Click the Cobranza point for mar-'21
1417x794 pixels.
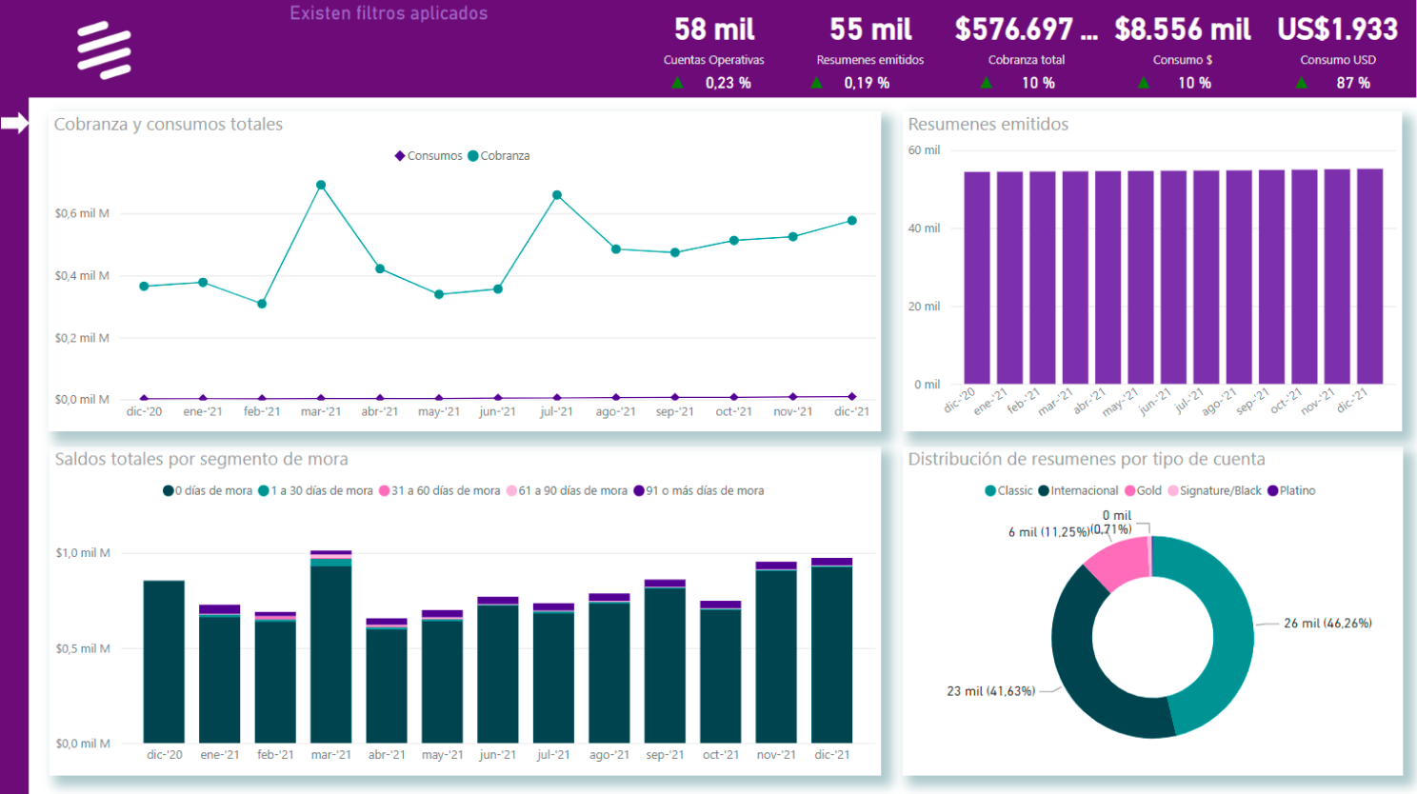click(x=321, y=186)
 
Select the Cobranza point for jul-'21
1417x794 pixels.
click(x=557, y=195)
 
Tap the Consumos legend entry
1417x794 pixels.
click(x=429, y=156)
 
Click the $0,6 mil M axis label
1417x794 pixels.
click(x=82, y=213)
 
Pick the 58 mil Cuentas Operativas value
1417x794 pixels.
click(x=714, y=30)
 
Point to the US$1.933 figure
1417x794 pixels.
click(x=1337, y=30)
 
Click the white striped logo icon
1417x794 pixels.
click(x=104, y=50)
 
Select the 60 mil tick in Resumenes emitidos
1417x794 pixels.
click(x=924, y=150)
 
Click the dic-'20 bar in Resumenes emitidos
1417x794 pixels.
click(x=977, y=277)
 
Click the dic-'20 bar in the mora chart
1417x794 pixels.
click(x=164, y=662)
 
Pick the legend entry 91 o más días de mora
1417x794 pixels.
click(x=699, y=491)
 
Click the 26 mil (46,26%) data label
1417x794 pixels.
click(x=1327, y=624)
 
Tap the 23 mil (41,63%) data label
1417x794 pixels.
click(x=990, y=691)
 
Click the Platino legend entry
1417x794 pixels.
click(x=1291, y=491)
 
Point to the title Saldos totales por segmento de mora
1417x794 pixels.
click(x=201, y=459)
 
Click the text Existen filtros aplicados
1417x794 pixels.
click(x=389, y=13)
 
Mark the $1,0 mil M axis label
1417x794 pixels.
click(x=83, y=553)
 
